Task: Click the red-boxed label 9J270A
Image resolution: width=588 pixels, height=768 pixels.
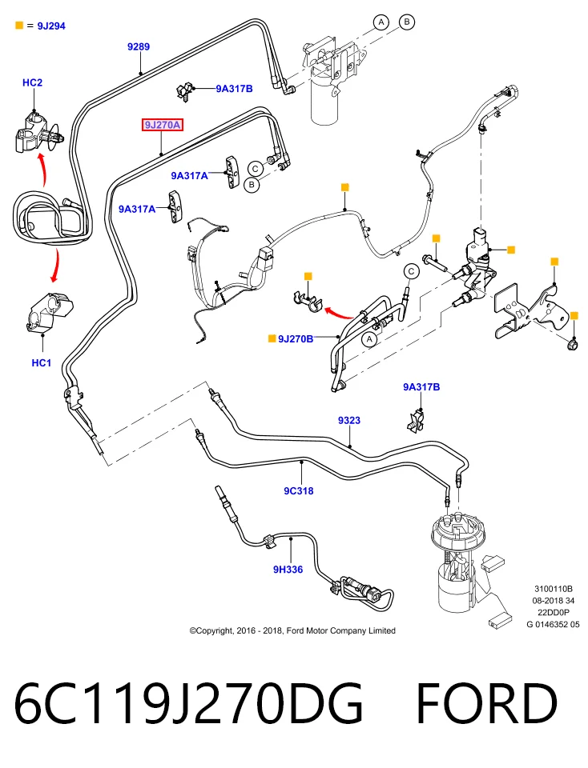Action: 163,125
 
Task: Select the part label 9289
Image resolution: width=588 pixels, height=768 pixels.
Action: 139,46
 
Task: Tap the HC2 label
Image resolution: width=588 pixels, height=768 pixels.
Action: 32,82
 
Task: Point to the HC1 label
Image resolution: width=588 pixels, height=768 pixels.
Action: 41,362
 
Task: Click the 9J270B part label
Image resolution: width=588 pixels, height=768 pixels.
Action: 296,338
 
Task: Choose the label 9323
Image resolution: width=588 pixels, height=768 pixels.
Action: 349,420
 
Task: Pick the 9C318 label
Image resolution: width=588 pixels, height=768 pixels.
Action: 298,490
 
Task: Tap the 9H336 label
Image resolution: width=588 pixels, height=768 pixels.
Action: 288,569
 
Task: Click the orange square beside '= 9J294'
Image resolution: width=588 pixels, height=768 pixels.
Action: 19,25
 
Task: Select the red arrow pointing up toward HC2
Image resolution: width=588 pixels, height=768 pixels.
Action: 42,169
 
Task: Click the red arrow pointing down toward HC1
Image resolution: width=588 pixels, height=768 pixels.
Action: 56,266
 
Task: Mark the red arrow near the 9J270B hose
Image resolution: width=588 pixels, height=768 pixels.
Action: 339,313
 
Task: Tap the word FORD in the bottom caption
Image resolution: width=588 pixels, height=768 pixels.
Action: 487,703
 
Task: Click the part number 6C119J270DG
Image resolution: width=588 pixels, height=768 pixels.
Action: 189,703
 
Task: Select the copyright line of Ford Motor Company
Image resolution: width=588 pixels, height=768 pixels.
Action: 292,630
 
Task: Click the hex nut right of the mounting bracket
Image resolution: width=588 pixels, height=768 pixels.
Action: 572,346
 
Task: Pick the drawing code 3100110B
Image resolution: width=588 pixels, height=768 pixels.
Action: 554,589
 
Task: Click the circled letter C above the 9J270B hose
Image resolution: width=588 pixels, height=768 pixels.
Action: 411,271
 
